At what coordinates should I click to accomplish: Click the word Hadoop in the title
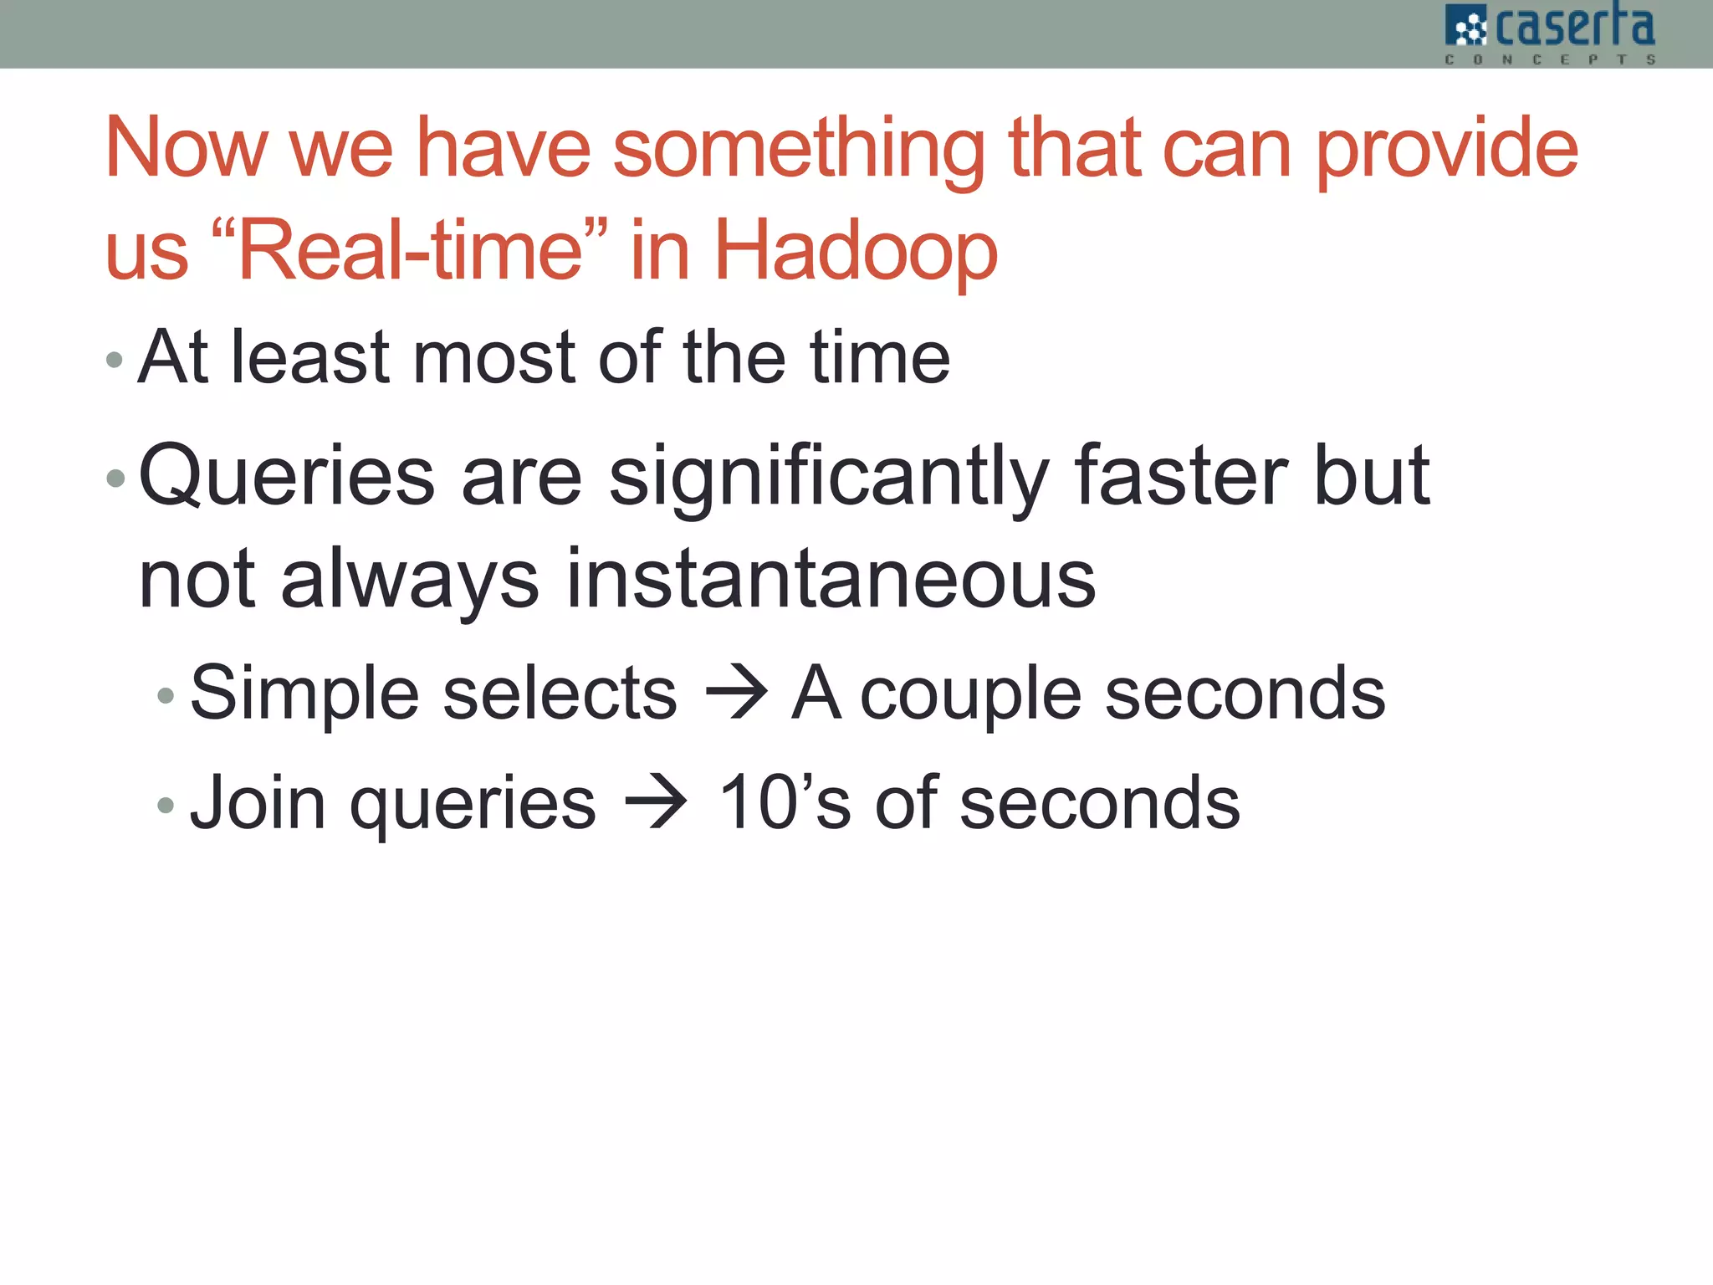[x=855, y=250]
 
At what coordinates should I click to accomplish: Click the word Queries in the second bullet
[x=287, y=477]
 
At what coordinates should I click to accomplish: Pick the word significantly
[x=828, y=477]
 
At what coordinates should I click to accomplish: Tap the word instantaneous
[x=830, y=579]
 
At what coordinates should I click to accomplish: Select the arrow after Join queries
[x=656, y=803]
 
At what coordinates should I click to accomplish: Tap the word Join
[x=258, y=803]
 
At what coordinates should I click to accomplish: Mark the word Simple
[x=304, y=694]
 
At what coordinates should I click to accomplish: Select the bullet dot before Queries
[x=115, y=479]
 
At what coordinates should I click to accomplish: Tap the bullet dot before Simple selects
[x=166, y=696]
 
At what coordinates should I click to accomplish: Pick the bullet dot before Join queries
[x=166, y=806]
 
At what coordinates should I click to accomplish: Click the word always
[x=410, y=581]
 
